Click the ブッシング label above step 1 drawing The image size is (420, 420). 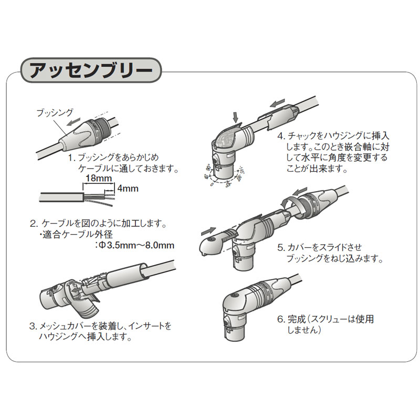click(55, 112)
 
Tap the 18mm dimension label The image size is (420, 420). click(98, 179)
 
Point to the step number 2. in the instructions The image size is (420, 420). click(34, 223)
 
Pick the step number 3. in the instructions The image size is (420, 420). click(33, 326)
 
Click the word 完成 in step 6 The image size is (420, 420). click(296, 319)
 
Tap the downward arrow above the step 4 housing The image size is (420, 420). click(235, 115)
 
